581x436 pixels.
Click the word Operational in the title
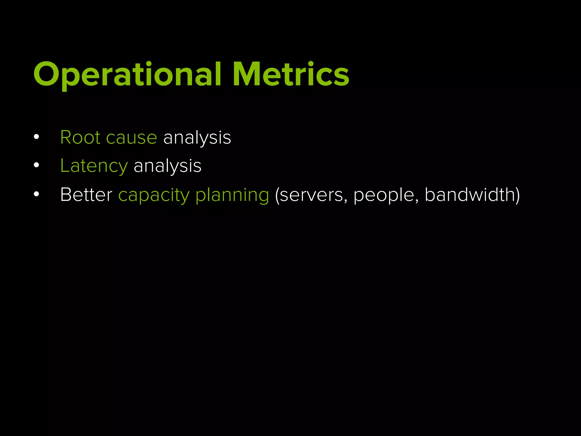(127, 74)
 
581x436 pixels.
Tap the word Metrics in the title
(291, 74)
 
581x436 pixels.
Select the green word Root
(80, 138)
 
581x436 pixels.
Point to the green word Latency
(94, 166)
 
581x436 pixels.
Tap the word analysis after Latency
(167, 166)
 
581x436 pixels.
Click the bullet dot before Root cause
(36, 137)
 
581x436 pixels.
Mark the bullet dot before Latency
(36, 165)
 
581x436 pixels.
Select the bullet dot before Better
(36, 194)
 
